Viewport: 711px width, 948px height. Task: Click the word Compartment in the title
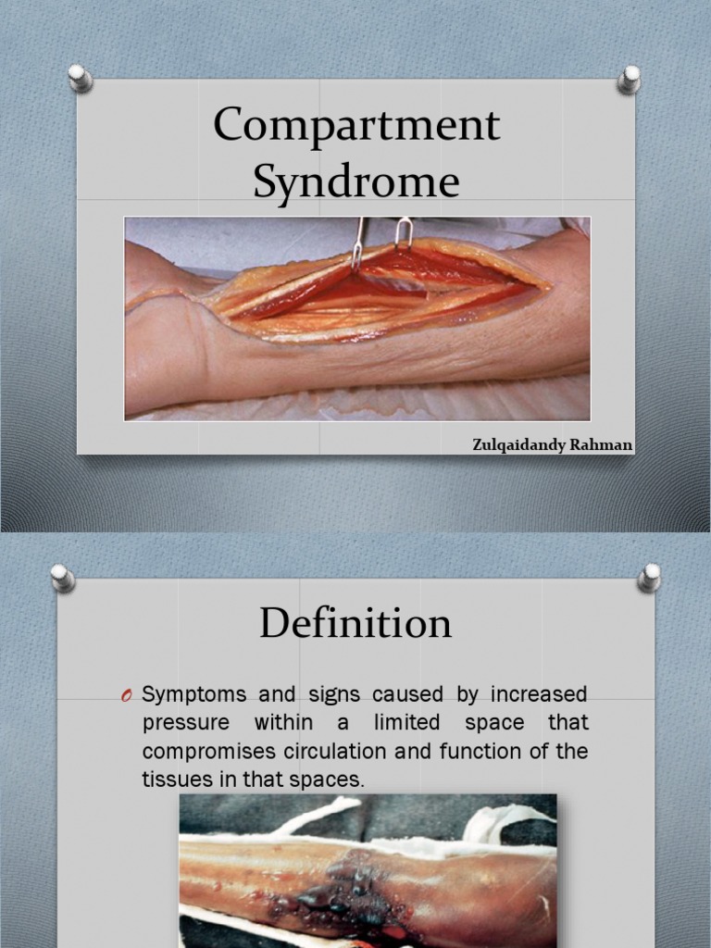pos(356,127)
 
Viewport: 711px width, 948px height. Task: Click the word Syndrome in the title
pos(356,181)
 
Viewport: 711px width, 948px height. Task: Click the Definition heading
pos(355,623)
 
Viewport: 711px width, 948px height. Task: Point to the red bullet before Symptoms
pos(129,695)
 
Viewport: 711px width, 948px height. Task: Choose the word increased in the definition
pos(540,694)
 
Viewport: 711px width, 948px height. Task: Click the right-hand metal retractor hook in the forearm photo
pos(403,232)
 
